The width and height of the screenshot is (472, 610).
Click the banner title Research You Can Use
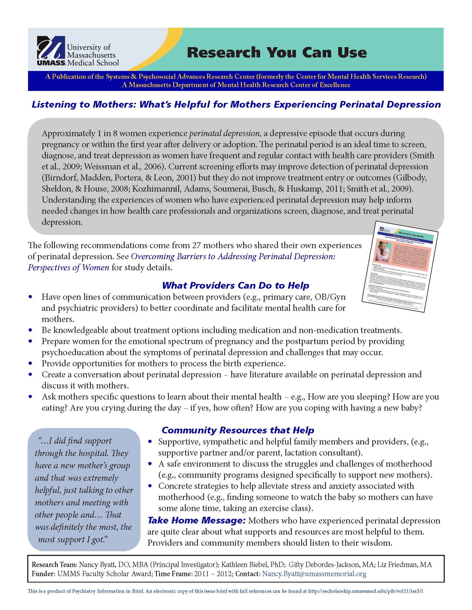point(277,53)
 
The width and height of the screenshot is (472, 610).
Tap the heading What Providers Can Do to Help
point(235,285)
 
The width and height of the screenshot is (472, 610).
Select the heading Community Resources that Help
point(238,430)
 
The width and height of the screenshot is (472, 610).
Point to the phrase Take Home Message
point(196,520)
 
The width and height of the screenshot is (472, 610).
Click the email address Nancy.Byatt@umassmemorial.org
point(314,574)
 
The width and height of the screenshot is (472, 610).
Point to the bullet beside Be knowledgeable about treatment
point(31,330)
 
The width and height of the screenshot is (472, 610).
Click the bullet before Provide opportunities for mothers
point(31,364)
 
